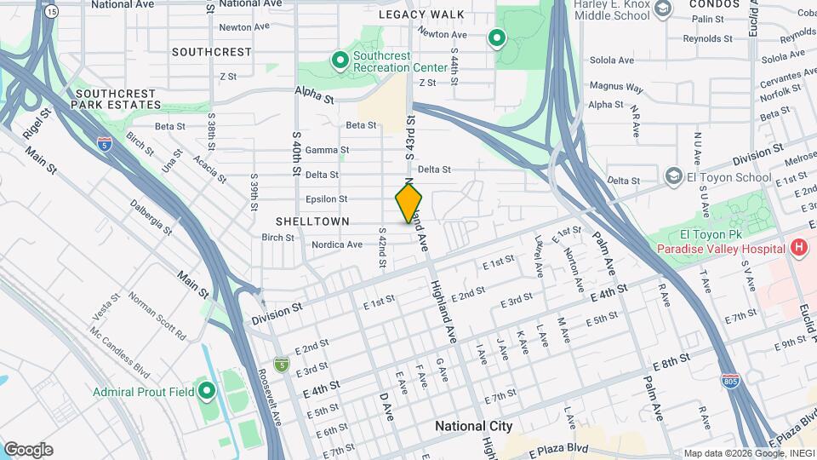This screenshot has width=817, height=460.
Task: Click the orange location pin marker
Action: pos(408,203)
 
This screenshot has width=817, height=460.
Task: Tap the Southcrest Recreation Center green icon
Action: pos(340,60)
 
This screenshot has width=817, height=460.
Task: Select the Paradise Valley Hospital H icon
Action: pos(798,248)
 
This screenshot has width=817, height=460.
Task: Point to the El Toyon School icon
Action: pos(673,175)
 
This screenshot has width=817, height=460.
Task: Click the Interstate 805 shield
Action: pos(729,379)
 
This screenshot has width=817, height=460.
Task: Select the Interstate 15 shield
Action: pos(53,12)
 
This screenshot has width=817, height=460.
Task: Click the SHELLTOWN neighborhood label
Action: pos(312,221)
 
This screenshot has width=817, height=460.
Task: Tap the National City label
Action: pos(473,426)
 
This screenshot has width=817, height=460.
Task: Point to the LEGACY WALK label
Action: pos(422,14)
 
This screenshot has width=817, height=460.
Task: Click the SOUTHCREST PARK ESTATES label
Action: pos(116,99)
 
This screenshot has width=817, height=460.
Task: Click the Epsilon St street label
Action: pos(326,199)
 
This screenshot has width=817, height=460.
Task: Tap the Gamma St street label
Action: pos(328,150)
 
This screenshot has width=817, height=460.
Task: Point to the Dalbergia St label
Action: pos(151,217)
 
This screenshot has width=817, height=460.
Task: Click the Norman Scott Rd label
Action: pos(157,316)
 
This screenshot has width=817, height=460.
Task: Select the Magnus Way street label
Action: pos(616,87)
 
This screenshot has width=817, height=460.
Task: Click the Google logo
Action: pos(28,450)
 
